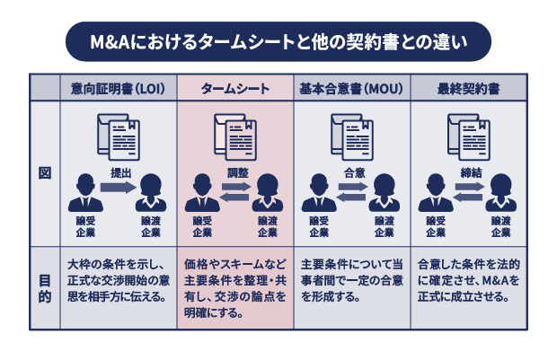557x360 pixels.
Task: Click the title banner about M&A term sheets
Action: coord(278,42)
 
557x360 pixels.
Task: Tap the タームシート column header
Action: coord(234,90)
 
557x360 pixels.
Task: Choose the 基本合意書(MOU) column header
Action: coord(351,90)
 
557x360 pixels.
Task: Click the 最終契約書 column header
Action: coord(468,90)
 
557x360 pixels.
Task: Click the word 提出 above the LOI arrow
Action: coord(119,172)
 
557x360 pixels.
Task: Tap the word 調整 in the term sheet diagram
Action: coord(235,171)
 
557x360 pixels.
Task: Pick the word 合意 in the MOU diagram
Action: coord(352,171)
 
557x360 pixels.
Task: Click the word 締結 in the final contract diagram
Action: coord(469,171)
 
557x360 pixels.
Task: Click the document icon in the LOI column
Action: coord(119,136)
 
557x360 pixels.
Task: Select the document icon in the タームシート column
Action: coord(235,136)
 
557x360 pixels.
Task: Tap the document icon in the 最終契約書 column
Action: coord(469,136)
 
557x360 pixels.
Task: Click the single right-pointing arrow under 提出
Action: coord(118,188)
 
